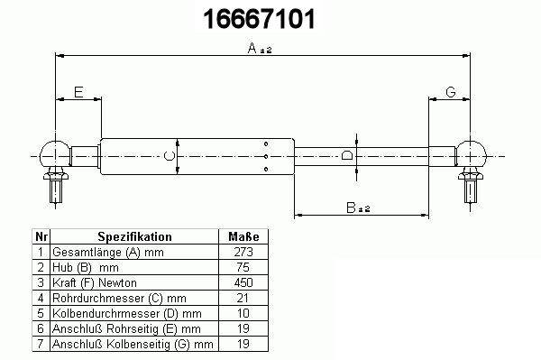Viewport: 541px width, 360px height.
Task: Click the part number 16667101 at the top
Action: [x=259, y=19]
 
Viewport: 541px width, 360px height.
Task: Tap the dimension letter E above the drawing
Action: [x=78, y=92]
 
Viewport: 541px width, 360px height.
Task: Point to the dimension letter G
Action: [x=451, y=92]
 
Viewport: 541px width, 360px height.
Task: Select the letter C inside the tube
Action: [x=170, y=156]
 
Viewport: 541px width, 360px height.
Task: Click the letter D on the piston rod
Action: [x=347, y=155]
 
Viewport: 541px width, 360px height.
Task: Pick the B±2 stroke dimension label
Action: [x=358, y=208]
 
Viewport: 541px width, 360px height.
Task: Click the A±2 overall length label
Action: [x=260, y=49]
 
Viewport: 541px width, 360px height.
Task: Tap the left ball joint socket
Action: [x=55, y=154]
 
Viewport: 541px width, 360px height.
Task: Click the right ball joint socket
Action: [x=471, y=154]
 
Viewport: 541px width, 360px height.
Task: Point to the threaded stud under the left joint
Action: [x=56, y=186]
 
